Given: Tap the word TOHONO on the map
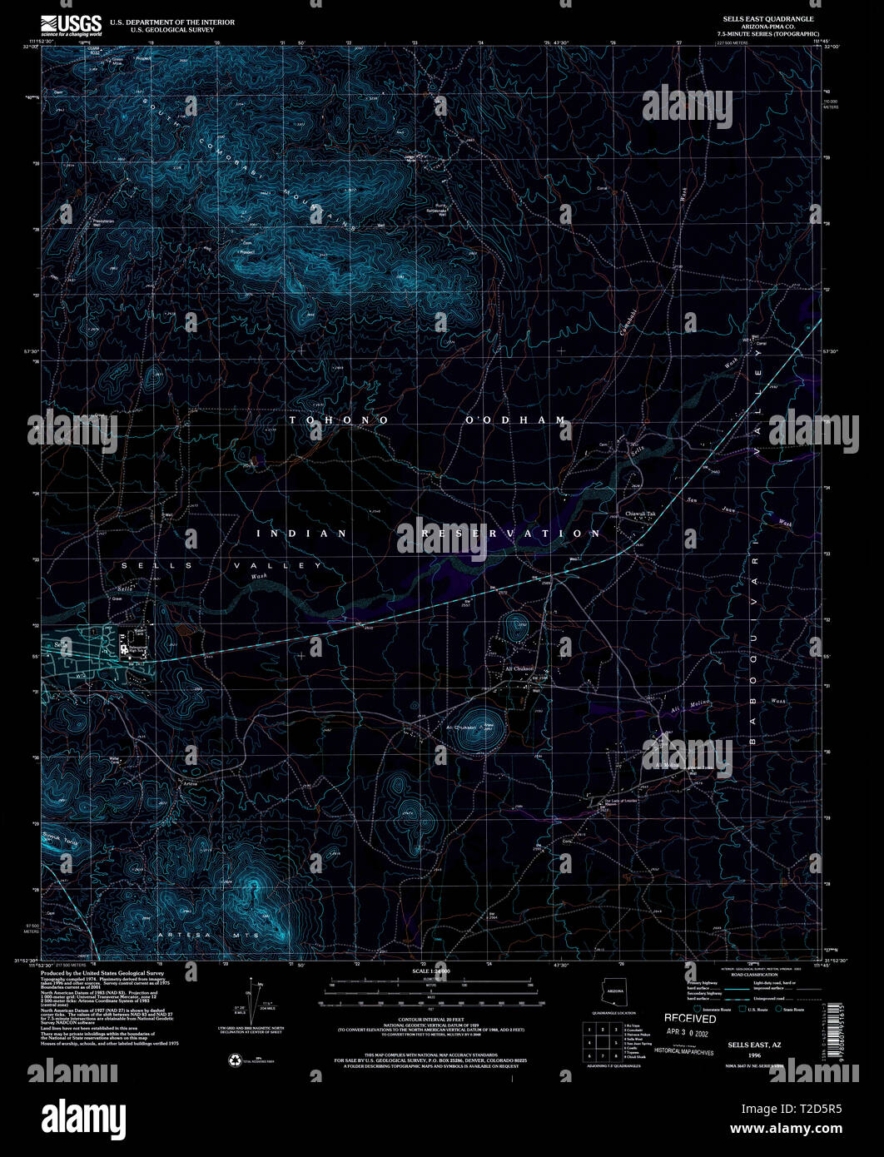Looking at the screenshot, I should click(339, 420).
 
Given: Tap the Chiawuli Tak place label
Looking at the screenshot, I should click(641, 514).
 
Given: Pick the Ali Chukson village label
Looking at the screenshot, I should click(519, 668).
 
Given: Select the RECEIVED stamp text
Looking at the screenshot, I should click(689, 1018).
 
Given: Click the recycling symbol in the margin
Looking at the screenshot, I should click(235, 1060).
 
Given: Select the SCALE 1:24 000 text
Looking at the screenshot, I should click(431, 971).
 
